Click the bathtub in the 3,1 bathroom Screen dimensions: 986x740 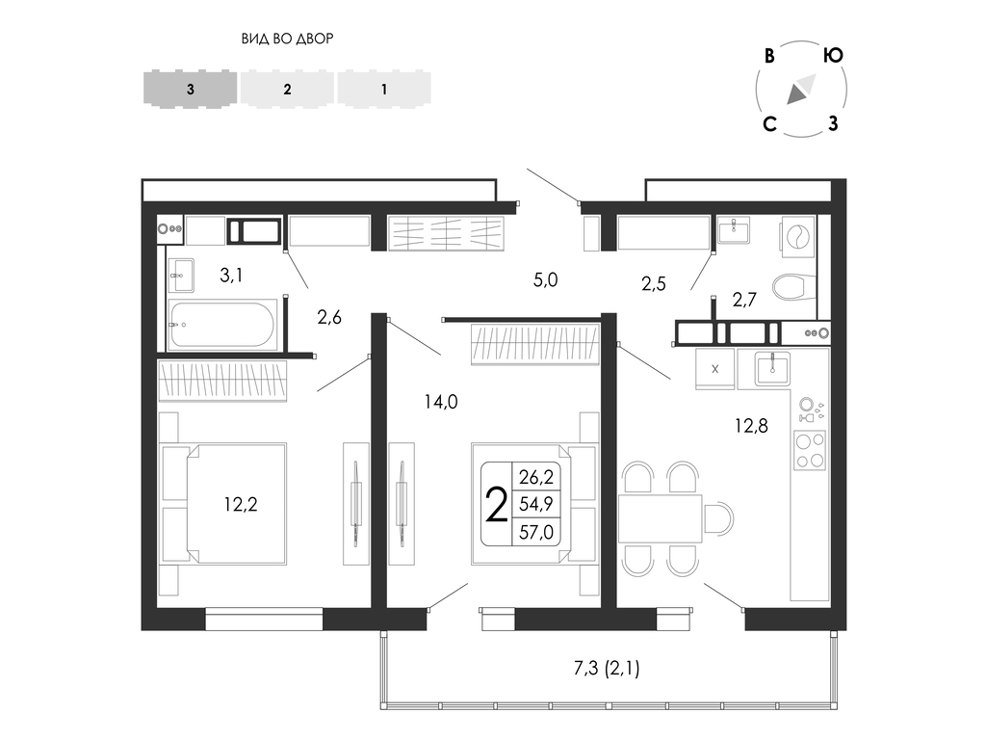coord(222,324)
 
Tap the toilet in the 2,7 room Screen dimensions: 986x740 coord(791,287)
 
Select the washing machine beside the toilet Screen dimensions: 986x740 coord(798,239)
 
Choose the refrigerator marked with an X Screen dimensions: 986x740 coord(714,369)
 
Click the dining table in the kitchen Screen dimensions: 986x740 coord(661,518)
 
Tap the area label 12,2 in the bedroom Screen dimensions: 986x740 coord(241,504)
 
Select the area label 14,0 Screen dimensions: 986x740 coord(441,402)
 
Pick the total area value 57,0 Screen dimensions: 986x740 coord(536,532)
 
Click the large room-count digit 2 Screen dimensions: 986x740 coord(497,505)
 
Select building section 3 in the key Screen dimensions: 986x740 coord(191,89)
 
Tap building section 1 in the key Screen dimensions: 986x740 coord(384,89)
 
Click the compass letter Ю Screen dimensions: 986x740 coord(833,55)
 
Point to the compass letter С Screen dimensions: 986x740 coord(769,124)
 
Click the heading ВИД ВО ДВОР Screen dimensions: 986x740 coord(287,39)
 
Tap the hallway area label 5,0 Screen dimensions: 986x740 coord(545,280)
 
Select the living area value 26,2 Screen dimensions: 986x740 coord(536,477)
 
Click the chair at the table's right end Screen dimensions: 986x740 coord(718,518)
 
